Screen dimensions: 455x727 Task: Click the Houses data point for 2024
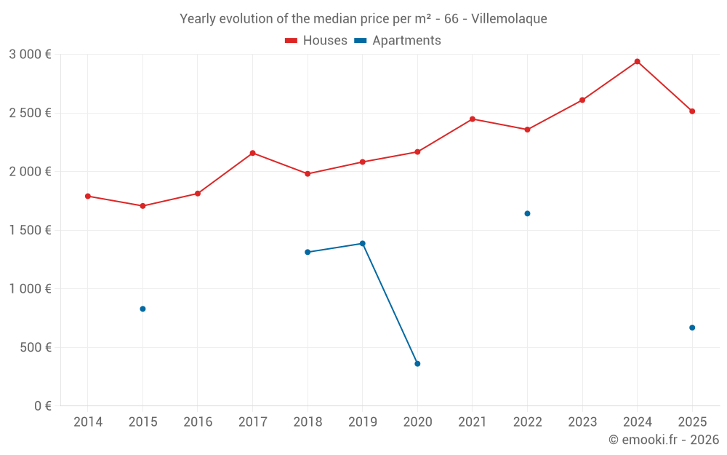point(637,61)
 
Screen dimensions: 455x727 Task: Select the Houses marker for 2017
point(252,153)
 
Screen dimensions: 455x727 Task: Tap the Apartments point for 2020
point(417,363)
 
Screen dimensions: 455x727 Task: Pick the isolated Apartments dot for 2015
point(142,309)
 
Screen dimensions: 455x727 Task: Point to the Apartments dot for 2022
point(527,213)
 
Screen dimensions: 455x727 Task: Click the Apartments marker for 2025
point(692,328)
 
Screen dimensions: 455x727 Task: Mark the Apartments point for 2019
point(362,243)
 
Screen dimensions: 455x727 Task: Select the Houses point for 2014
point(88,196)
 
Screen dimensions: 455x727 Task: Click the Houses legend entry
point(316,41)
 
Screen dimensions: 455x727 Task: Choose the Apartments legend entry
point(398,41)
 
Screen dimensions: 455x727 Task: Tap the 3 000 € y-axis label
point(30,55)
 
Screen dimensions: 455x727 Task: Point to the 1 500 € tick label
point(30,230)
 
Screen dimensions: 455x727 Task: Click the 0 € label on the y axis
point(42,406)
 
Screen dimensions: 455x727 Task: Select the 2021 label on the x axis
point(472,422)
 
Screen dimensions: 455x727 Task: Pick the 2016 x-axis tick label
point(198,422)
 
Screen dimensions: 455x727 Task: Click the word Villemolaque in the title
point(509,19)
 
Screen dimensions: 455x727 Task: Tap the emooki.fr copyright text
point(664,440)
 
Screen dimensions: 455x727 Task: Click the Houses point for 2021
point(472,119)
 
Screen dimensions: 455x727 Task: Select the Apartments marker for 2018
point(308,252)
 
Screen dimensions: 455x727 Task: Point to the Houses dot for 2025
point(692,111)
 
